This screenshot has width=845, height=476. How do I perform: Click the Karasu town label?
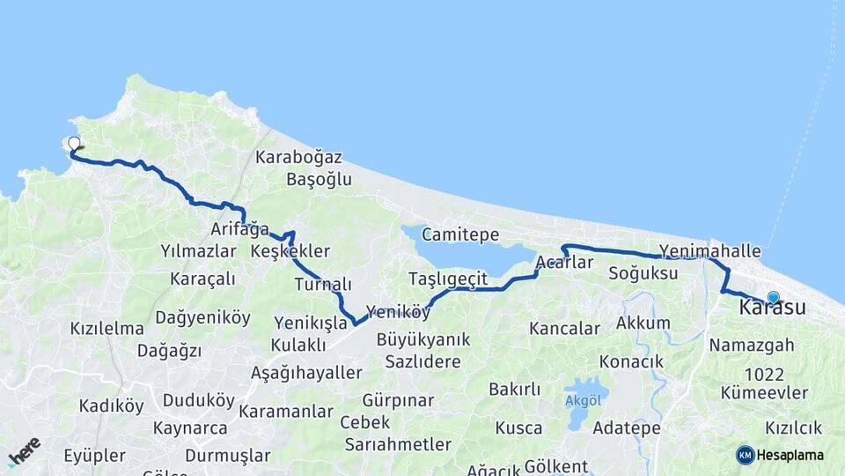[x=772, y=309]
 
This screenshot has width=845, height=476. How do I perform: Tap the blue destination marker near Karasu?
[x=773, y=298]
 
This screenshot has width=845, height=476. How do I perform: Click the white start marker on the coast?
[x=74, y=143]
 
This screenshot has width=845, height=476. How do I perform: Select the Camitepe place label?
[x=460, y=234]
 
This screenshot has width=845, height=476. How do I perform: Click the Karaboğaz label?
[x=299, y=158]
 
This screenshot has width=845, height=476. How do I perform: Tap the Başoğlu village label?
[x=320, y=180]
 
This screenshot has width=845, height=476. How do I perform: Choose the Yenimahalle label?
[x=709, y=251]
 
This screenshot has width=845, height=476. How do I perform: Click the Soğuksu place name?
[x=643, y=273]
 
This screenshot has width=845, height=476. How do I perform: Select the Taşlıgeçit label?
[x=448, y=279]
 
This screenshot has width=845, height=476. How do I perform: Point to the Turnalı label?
[x=323, y=285]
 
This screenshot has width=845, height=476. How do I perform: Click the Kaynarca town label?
[x=190, y=428]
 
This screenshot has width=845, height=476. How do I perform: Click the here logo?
[x=24, y=450]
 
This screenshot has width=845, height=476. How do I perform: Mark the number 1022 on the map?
[x=764, y=374]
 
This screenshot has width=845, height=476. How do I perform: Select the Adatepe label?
[x=627, y=428]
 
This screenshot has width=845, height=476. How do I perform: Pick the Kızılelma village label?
[x=107, y=329]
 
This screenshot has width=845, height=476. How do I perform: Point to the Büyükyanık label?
[x=423, y=339]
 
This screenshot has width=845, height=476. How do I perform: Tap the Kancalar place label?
[x=564, y=329]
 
